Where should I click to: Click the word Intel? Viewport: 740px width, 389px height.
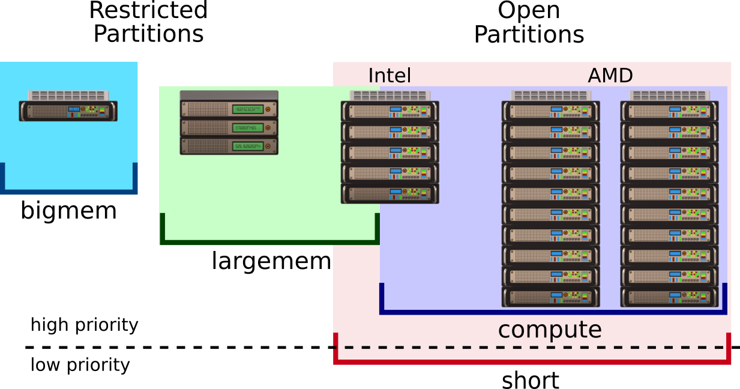click(x=389, y=76)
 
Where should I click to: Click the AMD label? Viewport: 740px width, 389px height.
click(x=610, y=76)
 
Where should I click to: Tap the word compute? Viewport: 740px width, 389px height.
click(x=549, y=330)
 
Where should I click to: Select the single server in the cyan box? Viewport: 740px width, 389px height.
click(x=68, y=111)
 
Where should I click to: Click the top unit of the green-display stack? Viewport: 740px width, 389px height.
click(x=229, y=109)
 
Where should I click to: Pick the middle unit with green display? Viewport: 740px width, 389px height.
click(x=229, y=127)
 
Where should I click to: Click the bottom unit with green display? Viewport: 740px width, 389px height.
click(x=229, y=146)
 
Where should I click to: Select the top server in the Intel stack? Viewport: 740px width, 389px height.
click(x=390, y=111)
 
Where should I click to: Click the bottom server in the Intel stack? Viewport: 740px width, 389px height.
click(x=390, y=193)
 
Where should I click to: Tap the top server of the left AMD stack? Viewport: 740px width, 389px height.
click(x=550, y=111)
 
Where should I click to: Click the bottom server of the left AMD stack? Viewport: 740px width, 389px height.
click(x=550, y=297)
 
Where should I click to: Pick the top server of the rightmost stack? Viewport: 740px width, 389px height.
click(x=669, y=111)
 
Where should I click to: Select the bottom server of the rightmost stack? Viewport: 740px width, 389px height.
click(x=669, y=297)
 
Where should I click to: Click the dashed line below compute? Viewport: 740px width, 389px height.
click(x=528, y=347)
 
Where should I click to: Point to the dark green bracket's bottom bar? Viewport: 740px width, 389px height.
click(x=270, y=242)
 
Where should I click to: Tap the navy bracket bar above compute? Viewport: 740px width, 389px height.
click(x=552, y=312)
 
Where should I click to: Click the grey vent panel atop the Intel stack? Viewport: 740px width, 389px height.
click(x=390, y=95)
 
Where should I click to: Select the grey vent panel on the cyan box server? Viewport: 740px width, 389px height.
click(x=68, y=95)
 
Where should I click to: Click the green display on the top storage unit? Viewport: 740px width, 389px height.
click(x=248, y=109)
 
